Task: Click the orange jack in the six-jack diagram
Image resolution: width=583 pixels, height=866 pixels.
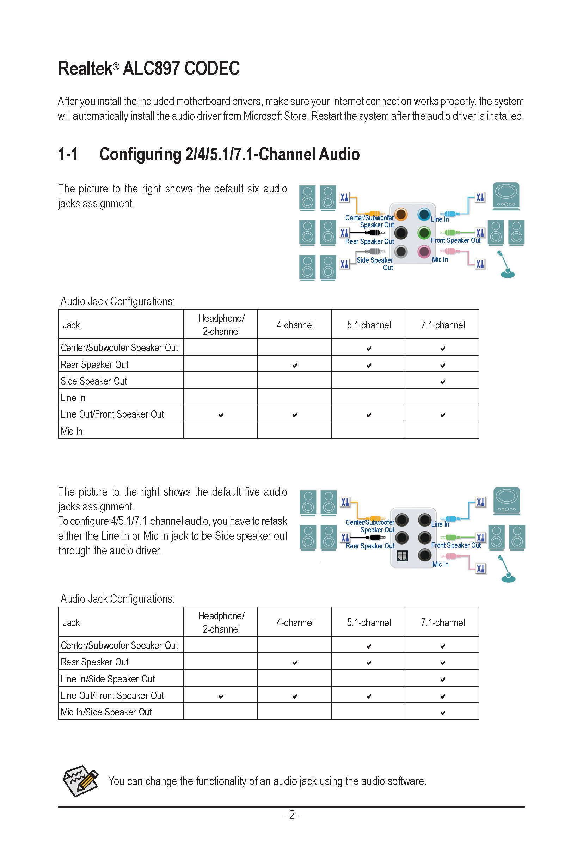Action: point(401,214)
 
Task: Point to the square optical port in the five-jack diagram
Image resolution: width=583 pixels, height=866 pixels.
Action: point(402,555)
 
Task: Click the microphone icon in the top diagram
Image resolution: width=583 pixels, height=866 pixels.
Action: point(507,264)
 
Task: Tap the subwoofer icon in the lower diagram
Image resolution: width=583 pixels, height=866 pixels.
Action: point(507,501)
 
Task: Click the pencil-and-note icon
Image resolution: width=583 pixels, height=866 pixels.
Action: point(81,781)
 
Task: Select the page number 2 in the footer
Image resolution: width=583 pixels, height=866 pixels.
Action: point(292,815)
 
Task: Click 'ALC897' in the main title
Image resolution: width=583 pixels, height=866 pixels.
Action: point(152,68)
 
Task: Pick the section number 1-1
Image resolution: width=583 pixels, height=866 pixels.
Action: point(68,154)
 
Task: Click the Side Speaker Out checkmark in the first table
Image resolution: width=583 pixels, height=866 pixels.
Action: point(442,382)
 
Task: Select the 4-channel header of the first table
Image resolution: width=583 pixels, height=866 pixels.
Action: point(295,325)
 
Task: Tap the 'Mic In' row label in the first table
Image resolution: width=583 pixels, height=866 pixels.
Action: point(72,431)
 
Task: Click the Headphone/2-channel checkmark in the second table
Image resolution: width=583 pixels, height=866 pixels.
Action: point(221,696)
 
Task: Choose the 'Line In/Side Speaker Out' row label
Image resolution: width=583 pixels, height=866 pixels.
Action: point(108,679)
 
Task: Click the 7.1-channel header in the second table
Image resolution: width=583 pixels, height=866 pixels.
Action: point(443,622)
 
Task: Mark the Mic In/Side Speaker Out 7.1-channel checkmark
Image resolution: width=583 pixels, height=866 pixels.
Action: point(442,713)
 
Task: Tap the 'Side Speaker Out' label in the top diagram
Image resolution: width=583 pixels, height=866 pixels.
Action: point(375,264)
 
